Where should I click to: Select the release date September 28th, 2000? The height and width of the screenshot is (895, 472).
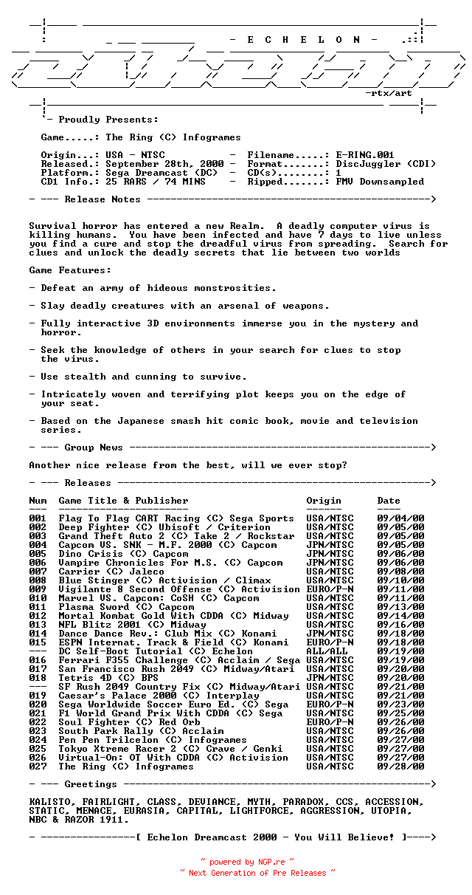pos(164,164)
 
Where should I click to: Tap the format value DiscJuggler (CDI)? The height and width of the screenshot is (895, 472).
pos(386,164)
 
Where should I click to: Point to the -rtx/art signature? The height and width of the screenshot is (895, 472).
pos(389,93)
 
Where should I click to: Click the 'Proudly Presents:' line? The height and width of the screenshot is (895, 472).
pos(108,120)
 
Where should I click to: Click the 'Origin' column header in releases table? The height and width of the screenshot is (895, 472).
pos(324,501)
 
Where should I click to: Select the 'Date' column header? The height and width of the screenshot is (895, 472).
pos(389,501)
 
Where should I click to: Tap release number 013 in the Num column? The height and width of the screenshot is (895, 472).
pos(38,625)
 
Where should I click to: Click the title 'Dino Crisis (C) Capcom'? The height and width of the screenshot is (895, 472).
pos(123,554)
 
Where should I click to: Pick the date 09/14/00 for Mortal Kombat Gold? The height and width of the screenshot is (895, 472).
pos(400,616)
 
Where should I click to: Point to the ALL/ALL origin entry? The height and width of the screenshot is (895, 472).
pos(327,651)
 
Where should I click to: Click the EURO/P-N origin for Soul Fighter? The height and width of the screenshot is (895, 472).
pos(330,722)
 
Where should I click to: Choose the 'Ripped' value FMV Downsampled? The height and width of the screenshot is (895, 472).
pos(380,182)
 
